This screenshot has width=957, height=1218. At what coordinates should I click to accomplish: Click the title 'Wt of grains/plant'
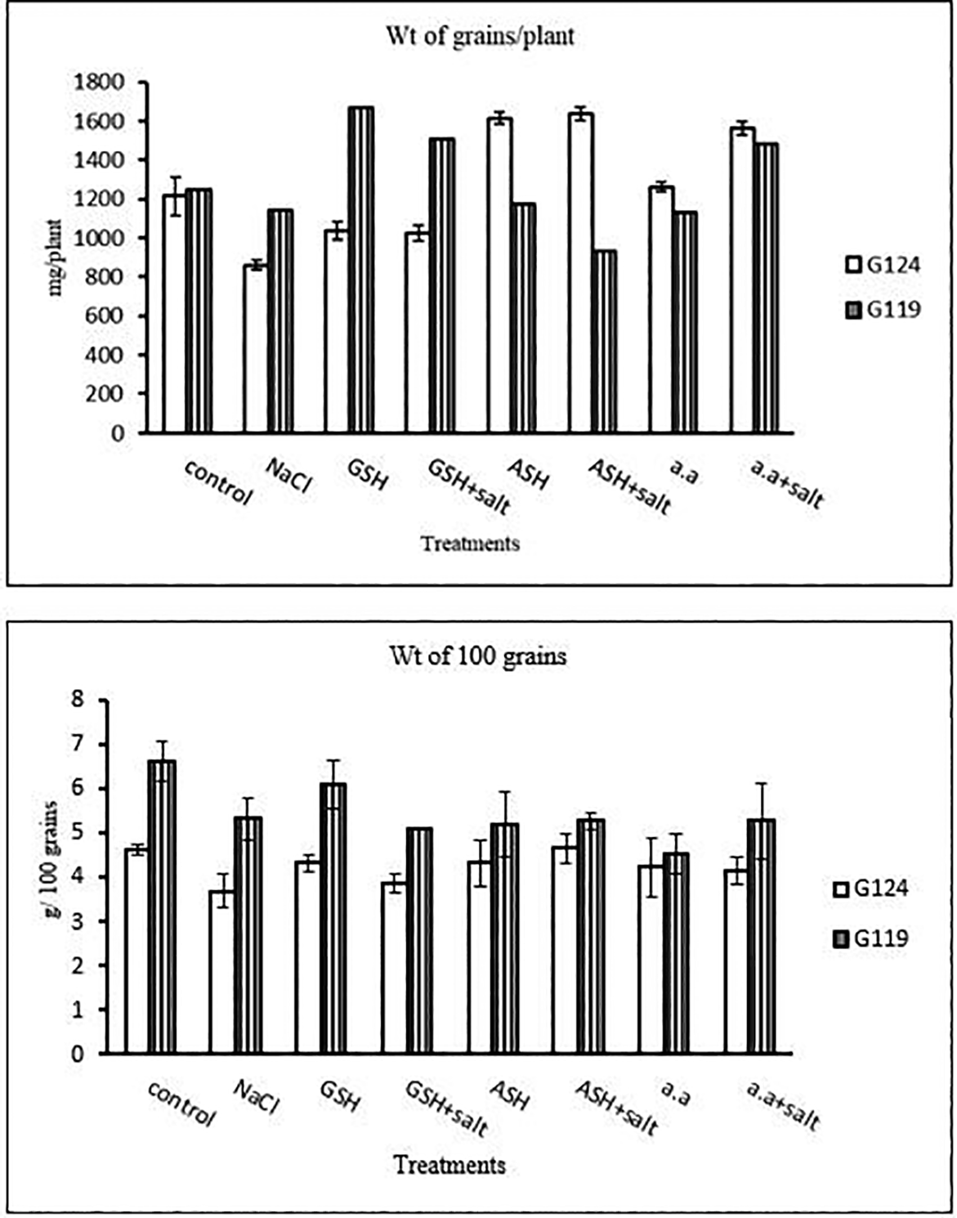pos(480,37)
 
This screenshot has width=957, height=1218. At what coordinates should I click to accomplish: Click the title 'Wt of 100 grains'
pos(477,656)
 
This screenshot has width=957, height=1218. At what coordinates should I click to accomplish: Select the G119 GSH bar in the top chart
pos(361,270)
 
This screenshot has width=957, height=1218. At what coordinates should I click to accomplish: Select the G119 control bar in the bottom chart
pos(162,907)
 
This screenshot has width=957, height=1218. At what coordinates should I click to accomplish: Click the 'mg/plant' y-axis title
pos(56,257)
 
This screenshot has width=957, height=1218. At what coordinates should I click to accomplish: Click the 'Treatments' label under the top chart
pos(470,543)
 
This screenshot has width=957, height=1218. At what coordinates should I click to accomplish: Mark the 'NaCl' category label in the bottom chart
pos(257,1096)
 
